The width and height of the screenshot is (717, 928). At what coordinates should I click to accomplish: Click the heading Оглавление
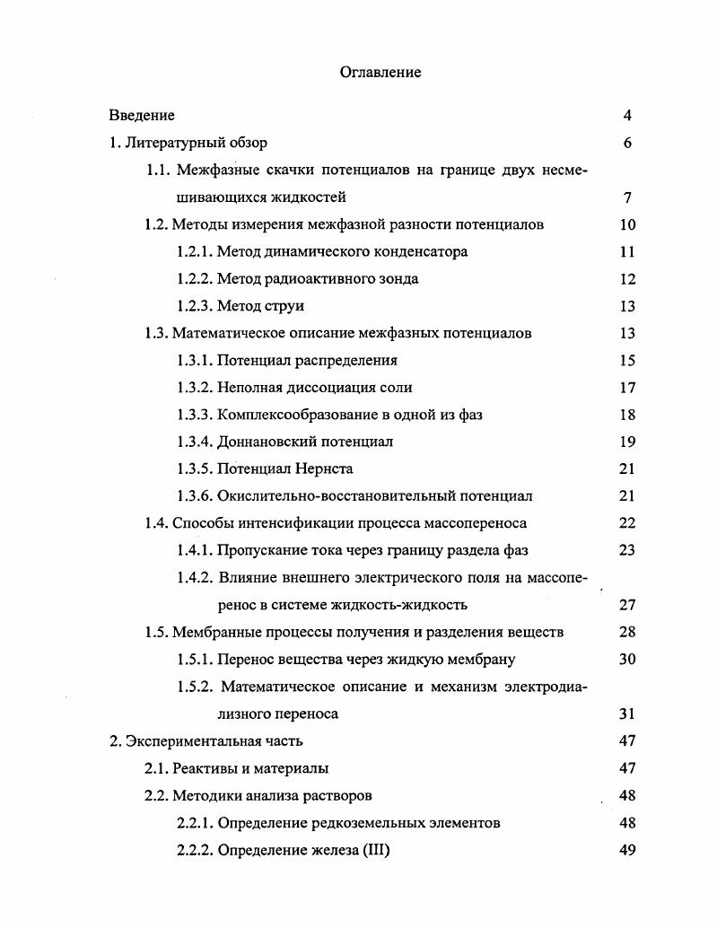click(x=380, y=73)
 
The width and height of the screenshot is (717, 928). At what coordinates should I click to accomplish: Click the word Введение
click(x=142, y=115)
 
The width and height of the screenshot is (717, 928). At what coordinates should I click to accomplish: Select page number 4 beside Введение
click(x=627, y=115)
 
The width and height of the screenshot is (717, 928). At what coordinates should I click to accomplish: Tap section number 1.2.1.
click(x=195, y=252)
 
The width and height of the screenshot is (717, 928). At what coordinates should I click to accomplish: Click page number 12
click(x=627, y=279)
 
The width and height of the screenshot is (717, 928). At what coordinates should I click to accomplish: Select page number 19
click(x=627, y=442)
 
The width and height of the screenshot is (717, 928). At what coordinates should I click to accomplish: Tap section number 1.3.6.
click(x=195, y=495)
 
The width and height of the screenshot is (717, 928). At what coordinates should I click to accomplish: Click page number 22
click(x=627, y=523)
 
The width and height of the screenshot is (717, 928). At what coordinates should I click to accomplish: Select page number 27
click(x=627, y=605)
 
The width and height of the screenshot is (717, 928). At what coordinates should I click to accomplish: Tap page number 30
click(x=627, y=660)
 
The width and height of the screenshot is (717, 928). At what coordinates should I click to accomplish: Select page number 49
click(x=627, y=850)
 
